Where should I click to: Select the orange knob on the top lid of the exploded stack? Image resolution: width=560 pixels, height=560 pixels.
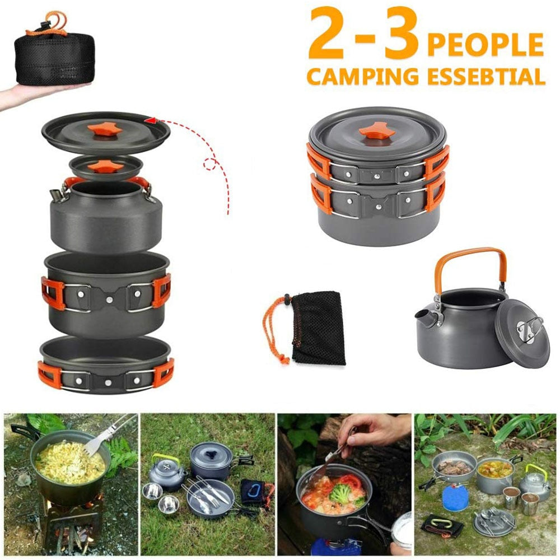pyautogui.click(x=105, y=129)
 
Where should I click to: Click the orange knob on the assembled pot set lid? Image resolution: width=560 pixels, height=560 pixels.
pyautogui.click(x=377, y=132)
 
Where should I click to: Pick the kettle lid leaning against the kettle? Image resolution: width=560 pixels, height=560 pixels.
pyautogui.click(x=522, y=333)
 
